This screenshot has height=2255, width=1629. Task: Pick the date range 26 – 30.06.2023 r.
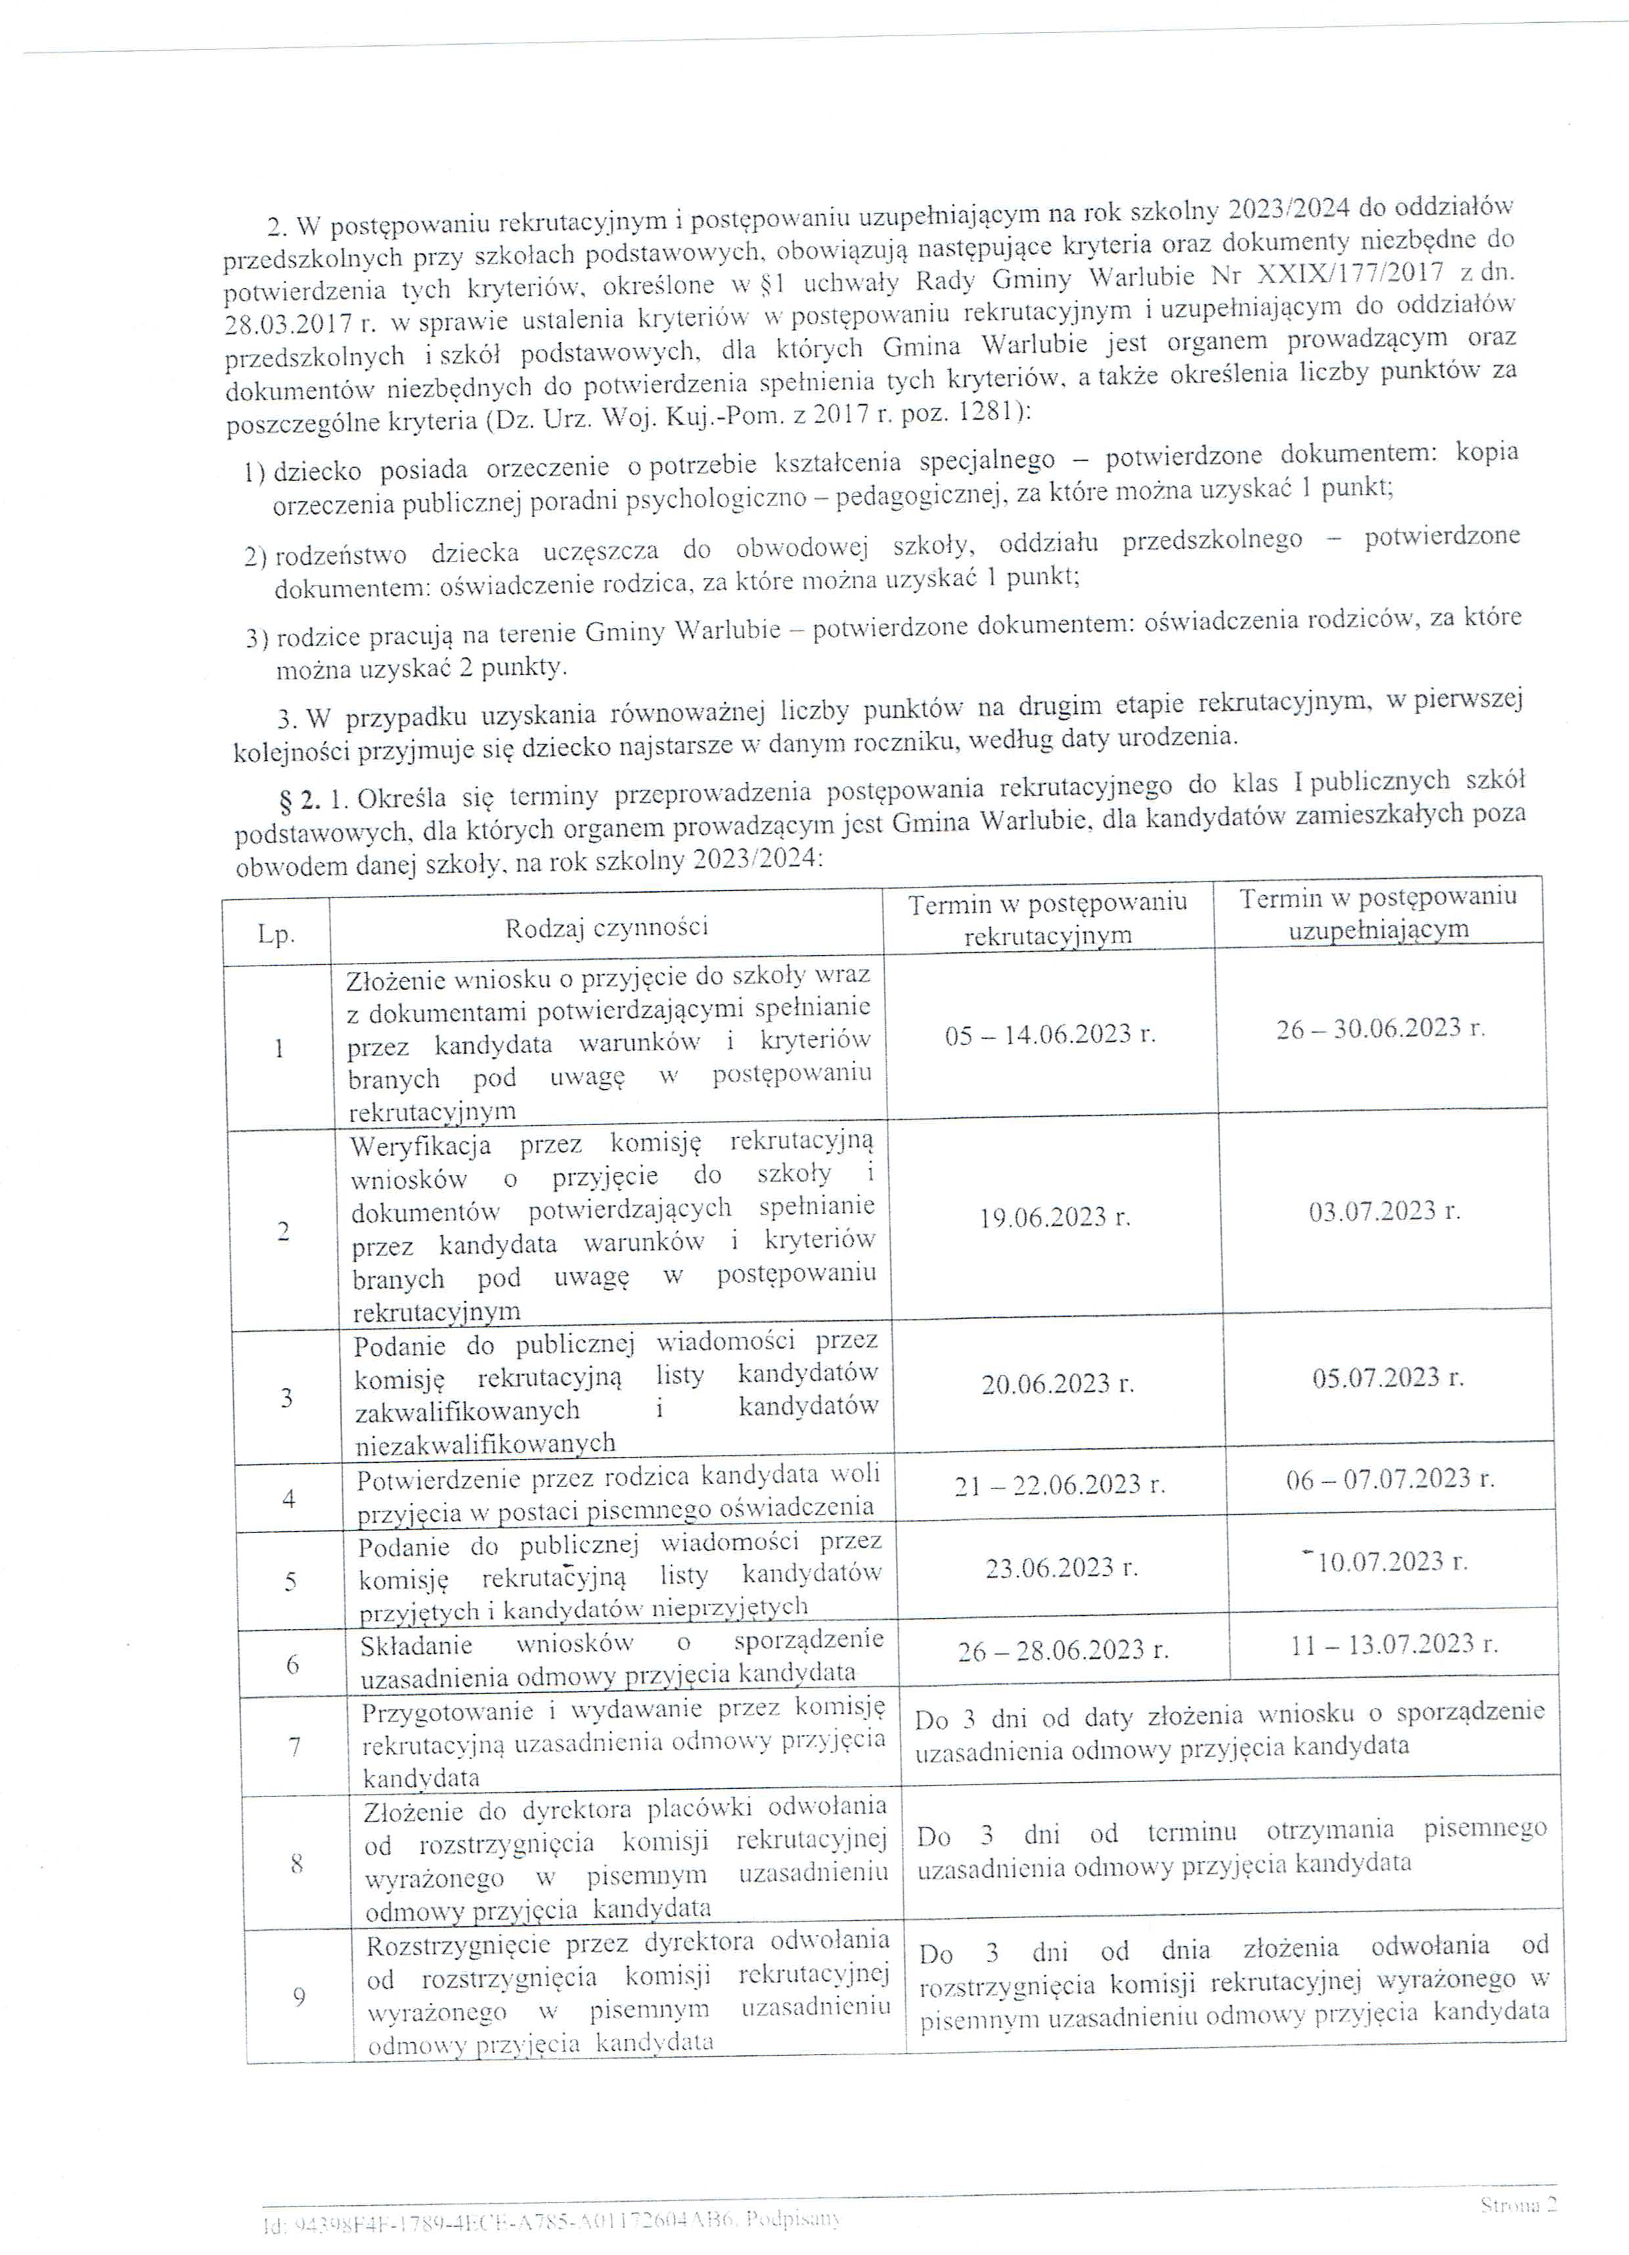1379,1028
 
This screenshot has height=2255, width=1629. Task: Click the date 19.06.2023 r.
1054,1218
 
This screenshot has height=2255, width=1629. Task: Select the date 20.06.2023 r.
1057,1384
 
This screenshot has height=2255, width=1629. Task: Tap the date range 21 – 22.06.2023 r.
1059,1485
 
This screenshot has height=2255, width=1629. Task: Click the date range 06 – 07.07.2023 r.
1389,1479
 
